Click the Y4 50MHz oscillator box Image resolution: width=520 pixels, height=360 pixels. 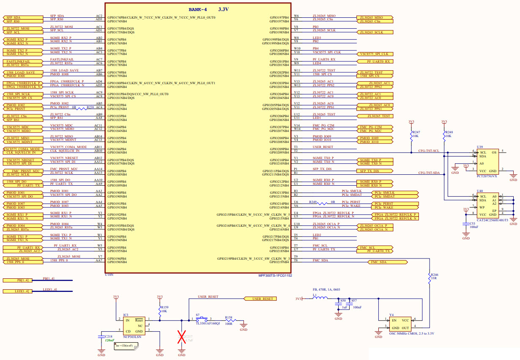(x=400, y=323)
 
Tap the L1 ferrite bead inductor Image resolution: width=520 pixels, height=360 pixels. (x=320, y=298)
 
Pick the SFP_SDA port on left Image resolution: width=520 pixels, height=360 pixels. (x=23, y=17)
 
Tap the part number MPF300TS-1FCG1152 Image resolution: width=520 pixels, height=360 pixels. (x=275, y=275)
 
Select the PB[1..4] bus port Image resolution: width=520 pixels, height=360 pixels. (x=17, y=280)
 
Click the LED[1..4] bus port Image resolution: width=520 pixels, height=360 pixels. (x=17, y=291)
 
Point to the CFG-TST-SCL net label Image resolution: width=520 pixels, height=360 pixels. (x=429, y=151)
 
